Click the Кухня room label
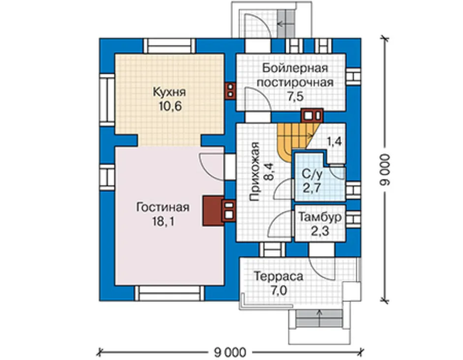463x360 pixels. (x=169, y=92)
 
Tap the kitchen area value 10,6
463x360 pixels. (x=170, y=106)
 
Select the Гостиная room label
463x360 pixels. (x=163, y=207)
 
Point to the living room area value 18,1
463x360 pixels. (x=163, y=221)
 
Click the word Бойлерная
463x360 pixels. (x=295, y=68)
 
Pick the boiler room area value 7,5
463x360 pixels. (x=296, y=97)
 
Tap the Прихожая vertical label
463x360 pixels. (x=254, y=171)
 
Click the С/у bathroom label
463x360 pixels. (x=312, y=174)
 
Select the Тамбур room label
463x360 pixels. (x=320, y=217)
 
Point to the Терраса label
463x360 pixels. (x=278, y=276)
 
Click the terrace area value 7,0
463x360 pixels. (x=279, y=291)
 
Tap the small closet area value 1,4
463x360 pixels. (x=334, y=141)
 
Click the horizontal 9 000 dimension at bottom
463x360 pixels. (x=230, y=352)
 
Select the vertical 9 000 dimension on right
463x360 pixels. (x=385, y=169)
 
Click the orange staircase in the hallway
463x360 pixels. (x=295, y=139)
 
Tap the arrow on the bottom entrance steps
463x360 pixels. (x=319, y=318)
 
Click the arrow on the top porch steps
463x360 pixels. (x=283, y=24)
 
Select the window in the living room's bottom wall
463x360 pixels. (x=169, y=293)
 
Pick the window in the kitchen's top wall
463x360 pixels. (x=169, y=46)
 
